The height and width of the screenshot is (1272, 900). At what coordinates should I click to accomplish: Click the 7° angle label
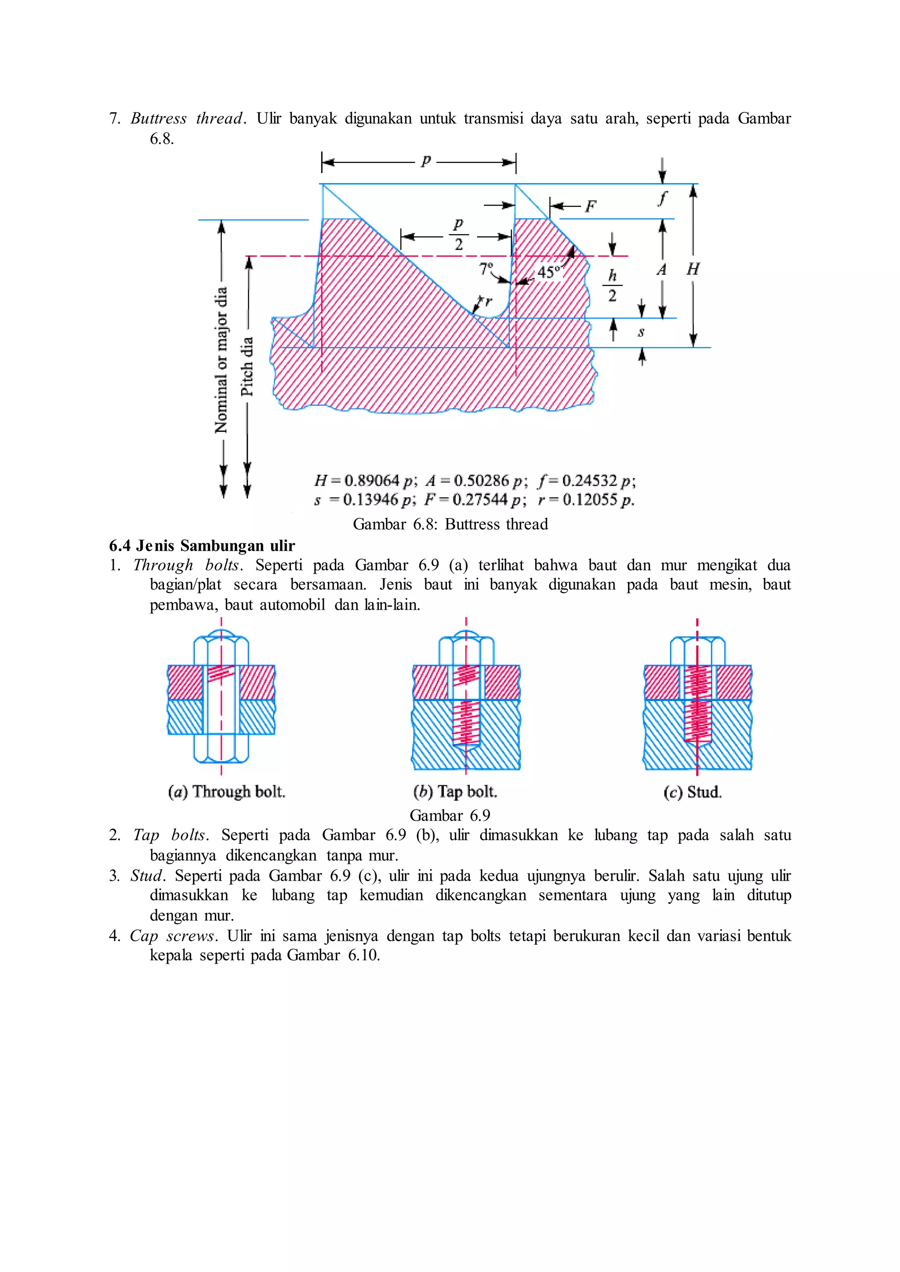pos(486,269)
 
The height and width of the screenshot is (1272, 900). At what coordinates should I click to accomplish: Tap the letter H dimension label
pos(693,269)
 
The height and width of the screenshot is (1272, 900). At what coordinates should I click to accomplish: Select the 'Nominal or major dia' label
pos(221,360)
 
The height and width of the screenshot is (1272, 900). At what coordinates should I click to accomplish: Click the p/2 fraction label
pos(458,235)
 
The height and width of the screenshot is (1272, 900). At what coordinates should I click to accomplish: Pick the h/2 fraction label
pos(612,285)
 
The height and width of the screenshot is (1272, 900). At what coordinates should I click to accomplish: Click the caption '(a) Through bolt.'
pos(227,791)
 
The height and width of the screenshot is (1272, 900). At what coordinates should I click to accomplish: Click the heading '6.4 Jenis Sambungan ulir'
pos(202,546)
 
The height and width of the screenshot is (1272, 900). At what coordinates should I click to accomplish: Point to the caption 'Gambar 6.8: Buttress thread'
pos(450,524)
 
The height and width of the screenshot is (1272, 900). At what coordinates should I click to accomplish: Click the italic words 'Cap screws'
pos(172,936)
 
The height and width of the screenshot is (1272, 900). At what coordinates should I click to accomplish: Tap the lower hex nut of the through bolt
pos(221,749)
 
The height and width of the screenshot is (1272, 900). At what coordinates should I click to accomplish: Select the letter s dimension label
pos(641,332)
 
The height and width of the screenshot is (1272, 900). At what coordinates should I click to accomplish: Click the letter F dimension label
pos(591,206)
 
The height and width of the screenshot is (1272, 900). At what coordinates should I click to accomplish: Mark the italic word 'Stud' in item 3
pos(147,875)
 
